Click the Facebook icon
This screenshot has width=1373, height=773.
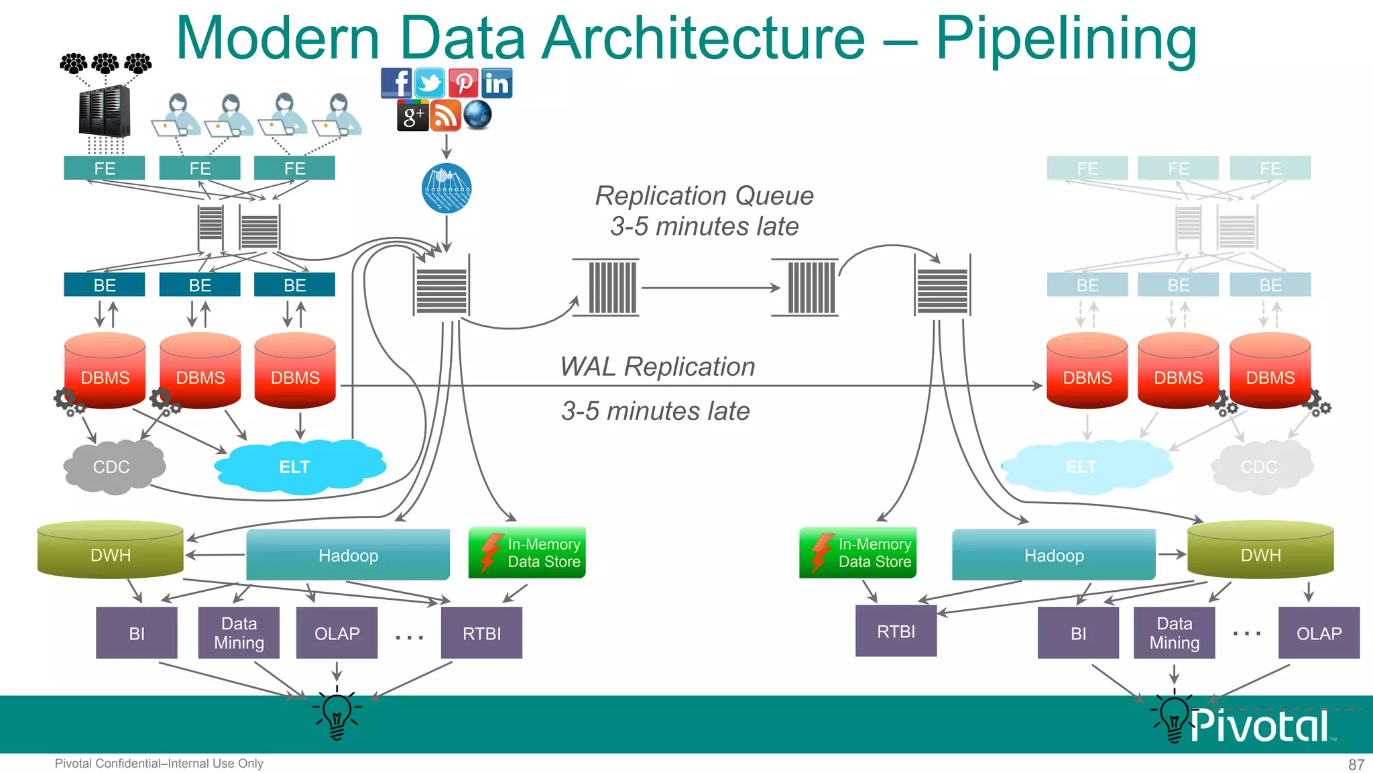pos(396,83)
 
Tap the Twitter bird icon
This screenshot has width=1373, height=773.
pos(430,83)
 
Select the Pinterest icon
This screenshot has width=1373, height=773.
pos(463,83)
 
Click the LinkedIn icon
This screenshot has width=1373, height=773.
pos(497,83)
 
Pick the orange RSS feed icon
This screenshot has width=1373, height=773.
pos(446,115)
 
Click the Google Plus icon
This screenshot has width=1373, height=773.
pos(412,115)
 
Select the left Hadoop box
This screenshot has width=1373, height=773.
pos(348,555)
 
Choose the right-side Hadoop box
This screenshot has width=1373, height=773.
pos(1053,555)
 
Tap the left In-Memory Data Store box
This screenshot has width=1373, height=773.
pos(527,553)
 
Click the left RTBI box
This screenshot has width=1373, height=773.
pos(481,633)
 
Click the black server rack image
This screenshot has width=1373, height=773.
pos(104,111)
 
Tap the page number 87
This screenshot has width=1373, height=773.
pos(1356,764)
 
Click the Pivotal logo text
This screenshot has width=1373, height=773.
pos(1259,726)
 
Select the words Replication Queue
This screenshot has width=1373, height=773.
pos(704,196)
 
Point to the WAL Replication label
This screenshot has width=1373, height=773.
pos(658,367)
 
